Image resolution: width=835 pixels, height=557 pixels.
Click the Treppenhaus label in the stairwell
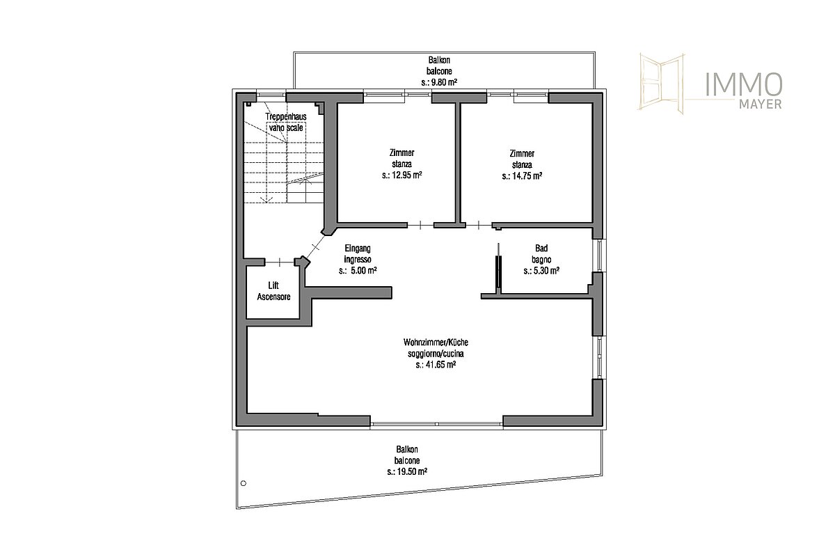point(286,116)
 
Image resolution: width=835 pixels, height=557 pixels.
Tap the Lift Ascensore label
point(273,291)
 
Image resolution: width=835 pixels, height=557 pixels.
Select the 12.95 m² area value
point(402,175)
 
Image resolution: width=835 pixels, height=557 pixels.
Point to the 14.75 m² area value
point(522,175)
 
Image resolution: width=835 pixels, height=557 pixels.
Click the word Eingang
point(358,248)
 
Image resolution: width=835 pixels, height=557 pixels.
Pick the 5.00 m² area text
point(358,270)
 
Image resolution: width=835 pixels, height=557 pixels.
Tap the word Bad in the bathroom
point(541,248)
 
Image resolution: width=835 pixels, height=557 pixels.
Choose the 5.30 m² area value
point(541,270)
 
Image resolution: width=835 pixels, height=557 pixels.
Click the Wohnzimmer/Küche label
point(436,342)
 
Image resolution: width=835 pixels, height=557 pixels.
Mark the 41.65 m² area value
point(436,365)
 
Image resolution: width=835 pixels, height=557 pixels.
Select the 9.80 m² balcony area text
point(439,82)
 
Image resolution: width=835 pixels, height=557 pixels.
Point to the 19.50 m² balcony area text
point(407,471)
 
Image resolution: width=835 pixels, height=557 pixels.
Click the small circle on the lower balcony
point(244,483)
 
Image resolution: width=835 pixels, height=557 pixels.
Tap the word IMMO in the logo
point(744,85)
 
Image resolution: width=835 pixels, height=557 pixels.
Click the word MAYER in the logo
point(761,104)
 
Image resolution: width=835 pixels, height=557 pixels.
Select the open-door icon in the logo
point(662,84)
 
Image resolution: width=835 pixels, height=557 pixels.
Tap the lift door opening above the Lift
point(280,262)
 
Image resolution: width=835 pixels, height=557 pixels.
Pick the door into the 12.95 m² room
point(420,225)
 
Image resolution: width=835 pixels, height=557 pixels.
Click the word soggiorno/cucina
point(436,353)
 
